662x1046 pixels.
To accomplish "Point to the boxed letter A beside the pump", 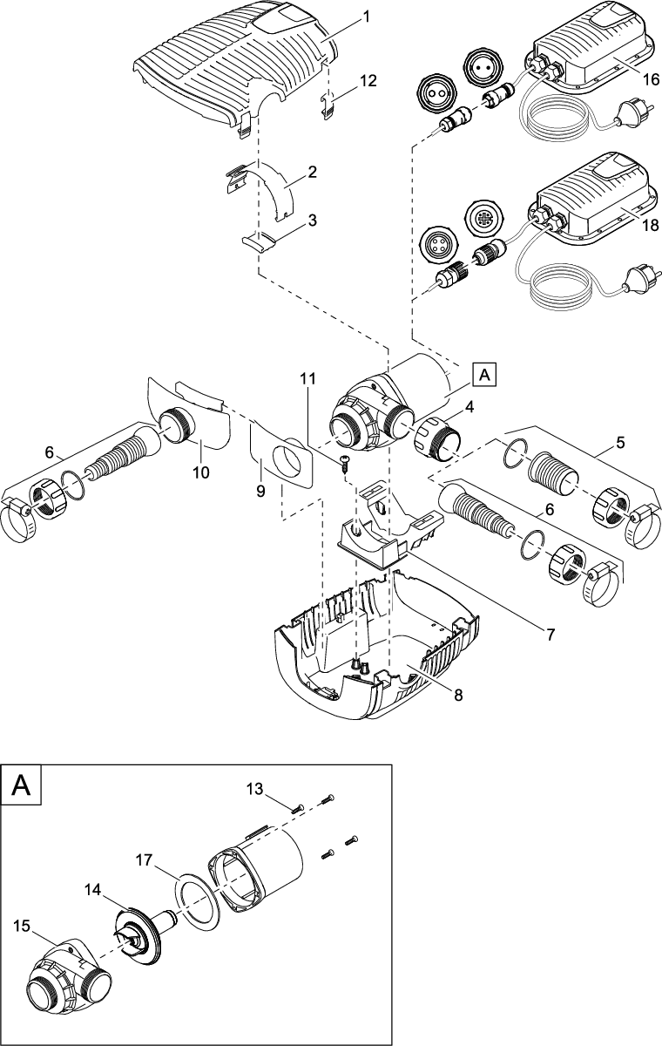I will tap(485, 374).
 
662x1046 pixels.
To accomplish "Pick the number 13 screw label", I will tap(254, 790).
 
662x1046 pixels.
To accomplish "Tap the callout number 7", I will tap(550, 635).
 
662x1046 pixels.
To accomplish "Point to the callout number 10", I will tap(201, 472).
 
